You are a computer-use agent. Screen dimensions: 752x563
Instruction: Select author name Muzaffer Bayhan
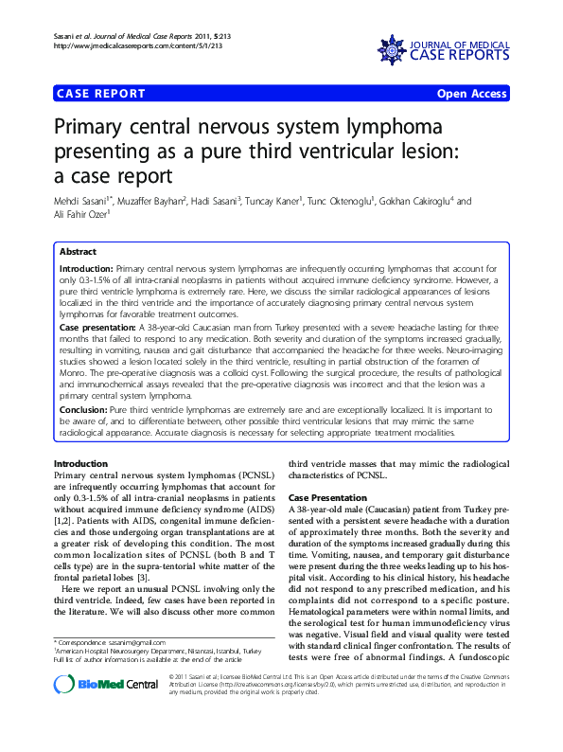[x=162, y=201]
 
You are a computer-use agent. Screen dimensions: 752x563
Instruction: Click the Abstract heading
[x=78, y=252]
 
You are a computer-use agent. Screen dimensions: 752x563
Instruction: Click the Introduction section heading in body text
[x=81, y=464]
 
